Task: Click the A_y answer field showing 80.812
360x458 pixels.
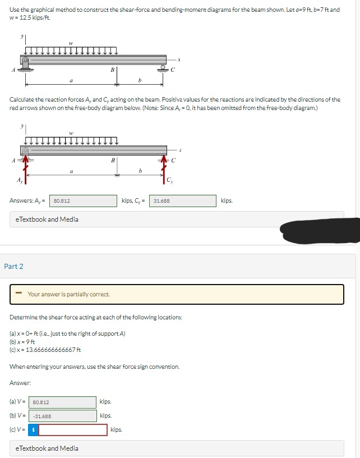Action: point(84,200)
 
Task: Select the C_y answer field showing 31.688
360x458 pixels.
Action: point(182,200)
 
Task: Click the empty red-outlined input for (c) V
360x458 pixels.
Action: point(73,430)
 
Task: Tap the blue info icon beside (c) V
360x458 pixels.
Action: point(33,430)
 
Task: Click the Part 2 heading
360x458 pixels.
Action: point(14,266)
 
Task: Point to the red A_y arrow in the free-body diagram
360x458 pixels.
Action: point(25,168)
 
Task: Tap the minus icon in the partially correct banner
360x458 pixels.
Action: point(19,294)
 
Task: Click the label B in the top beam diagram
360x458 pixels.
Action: point(113,70)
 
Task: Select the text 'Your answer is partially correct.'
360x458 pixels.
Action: point(68,294)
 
